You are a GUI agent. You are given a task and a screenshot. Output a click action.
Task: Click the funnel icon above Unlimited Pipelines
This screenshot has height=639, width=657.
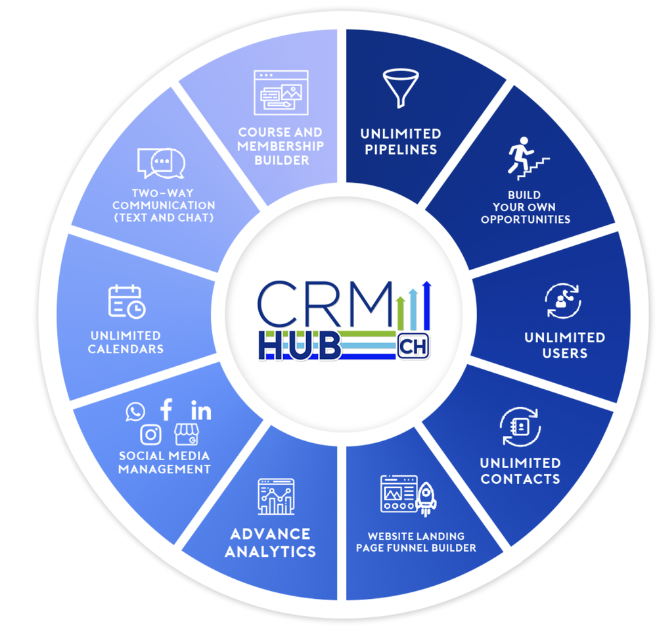pyautogui.click(x=399, y=88)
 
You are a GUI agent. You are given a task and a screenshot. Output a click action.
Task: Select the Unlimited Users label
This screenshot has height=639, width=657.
pyautogui.click(x=564, y=345)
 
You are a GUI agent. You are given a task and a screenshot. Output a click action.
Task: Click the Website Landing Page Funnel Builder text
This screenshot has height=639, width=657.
pyautogui.click(x=416, y=542)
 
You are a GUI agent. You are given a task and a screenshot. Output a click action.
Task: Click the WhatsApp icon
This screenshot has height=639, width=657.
pyautogui.click(x=135, y=412)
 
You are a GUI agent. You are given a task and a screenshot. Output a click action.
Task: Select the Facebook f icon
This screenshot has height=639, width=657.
pyautogui.click(x=167, y=410)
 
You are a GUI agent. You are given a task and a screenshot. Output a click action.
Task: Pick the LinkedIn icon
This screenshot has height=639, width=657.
pyautogui.click(x=201, y=412)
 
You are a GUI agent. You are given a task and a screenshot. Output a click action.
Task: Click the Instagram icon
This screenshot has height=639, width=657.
pyautogui.click(x=151, y=435)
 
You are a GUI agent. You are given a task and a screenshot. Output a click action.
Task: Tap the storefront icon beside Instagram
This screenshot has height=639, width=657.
pyautogui.click(x=185, y=435)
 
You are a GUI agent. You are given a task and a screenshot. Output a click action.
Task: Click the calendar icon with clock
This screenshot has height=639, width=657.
pyautogui.click(x=126, y=301)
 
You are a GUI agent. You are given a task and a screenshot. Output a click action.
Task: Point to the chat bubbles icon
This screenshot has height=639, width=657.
pyautogui.click(x=161, y=163)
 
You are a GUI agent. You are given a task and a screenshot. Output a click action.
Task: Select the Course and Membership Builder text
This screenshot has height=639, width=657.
pyautogui.click(x=281, y=146)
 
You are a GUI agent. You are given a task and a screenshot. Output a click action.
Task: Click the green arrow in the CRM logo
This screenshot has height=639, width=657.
pyautogui.click(x=401, y=313)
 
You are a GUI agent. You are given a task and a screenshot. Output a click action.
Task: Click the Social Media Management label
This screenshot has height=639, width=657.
pyautogui.click(x=165, y=462)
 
